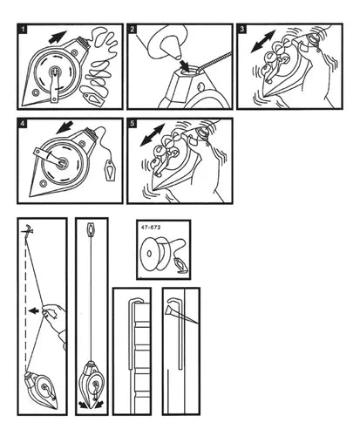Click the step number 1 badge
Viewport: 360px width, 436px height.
click(x=23, y=30)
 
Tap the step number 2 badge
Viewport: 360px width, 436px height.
click(x=132, y=30)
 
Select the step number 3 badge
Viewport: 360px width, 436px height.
click(x=242, y=30)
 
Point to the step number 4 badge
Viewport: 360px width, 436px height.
click(x=23, y=124)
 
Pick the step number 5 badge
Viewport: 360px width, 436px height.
click(x=132, y=124)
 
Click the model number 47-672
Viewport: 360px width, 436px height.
click(x=151, y=228)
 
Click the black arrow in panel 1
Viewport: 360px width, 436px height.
click(x=58, y=37)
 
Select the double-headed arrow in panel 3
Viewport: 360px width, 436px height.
click(x=262, y=41)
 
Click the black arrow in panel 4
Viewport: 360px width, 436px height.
click(x=65, y=127)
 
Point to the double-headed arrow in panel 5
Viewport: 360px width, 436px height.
click(x=153, y=135)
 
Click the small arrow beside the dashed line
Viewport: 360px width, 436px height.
click(x=34, y=310)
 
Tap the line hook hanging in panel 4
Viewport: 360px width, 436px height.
click(x=110, y=170)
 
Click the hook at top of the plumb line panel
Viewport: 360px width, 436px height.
click(x=91, y=229)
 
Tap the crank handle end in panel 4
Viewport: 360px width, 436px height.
click(x=37, y=152)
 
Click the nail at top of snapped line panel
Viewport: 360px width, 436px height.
click(x=27, y=230)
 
